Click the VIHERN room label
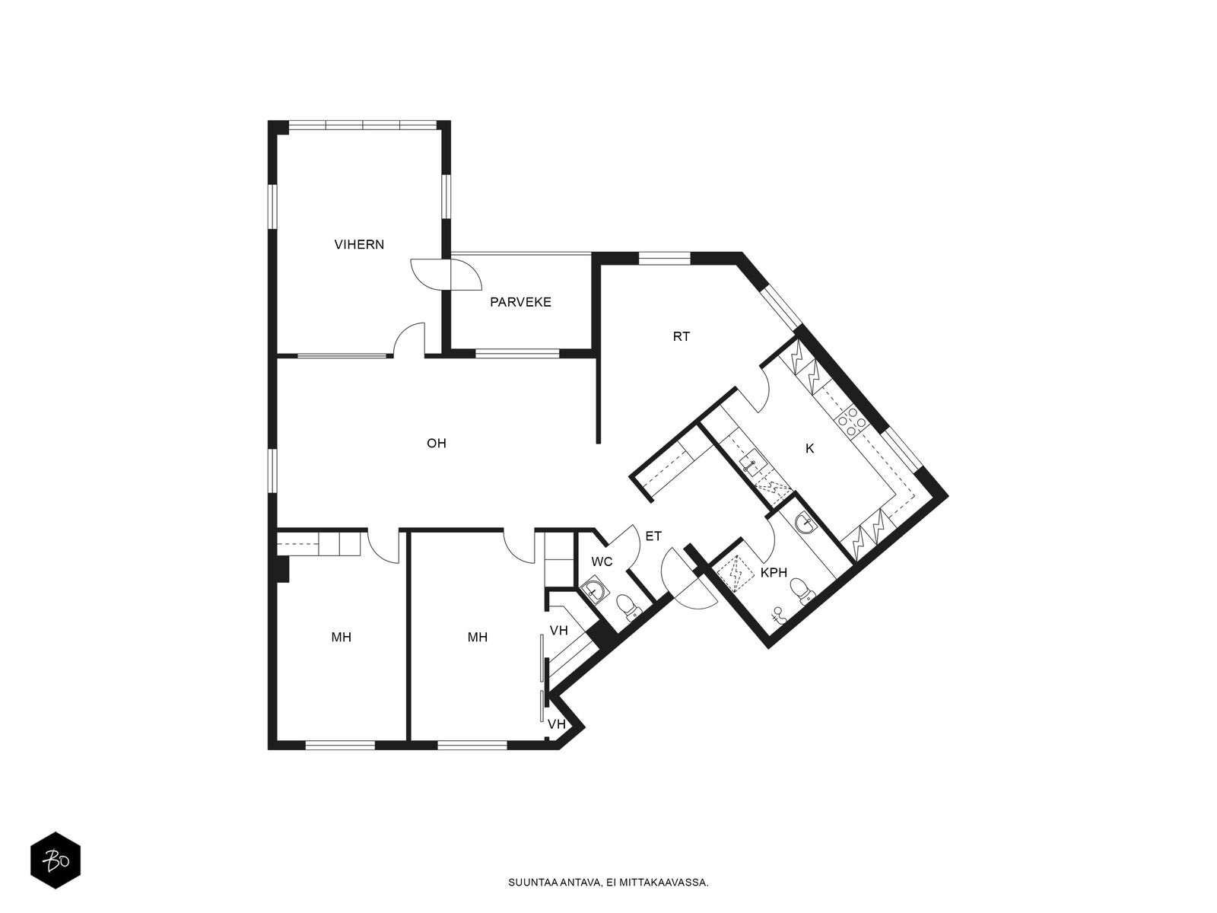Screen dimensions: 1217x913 [x=359, y=244]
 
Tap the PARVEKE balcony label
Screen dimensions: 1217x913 [x=520, y=302]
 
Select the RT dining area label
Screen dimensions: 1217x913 [x=682, y=336]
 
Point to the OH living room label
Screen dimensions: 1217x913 [x=437, y=443]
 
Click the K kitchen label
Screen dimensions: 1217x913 [x=809, y=448]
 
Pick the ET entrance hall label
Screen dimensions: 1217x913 [x=653, y=536]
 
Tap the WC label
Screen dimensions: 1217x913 [x=602, y=561]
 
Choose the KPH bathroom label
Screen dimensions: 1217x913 [x=774, y=573]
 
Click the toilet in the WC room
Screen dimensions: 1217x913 [x=628, y=606]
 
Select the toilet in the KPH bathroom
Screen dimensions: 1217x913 [x=801, y=590]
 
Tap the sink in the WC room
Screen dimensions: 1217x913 [x=591, y=591]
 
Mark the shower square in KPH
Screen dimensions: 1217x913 [x=736, y=573]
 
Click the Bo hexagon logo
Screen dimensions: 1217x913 [x=56, y=861]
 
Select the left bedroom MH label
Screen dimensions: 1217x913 [x=341, y=638]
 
